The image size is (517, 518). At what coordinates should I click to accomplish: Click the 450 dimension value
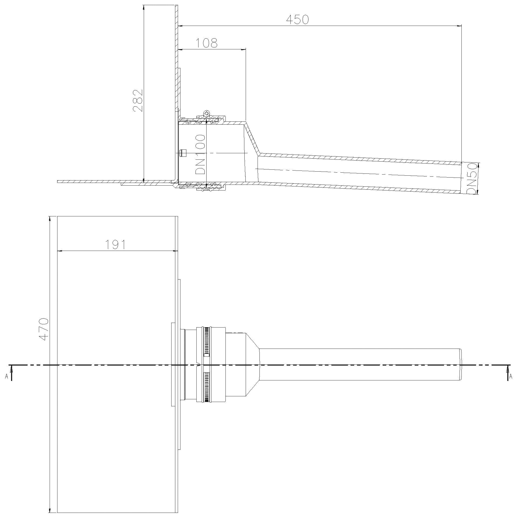[297, 19]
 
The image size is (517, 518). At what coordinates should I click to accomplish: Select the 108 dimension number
[206, 43]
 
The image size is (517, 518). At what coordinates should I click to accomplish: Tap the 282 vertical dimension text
[138, 100]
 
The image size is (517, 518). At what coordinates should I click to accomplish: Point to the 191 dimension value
[115, 244]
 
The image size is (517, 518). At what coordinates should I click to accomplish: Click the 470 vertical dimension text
[44, 329]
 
